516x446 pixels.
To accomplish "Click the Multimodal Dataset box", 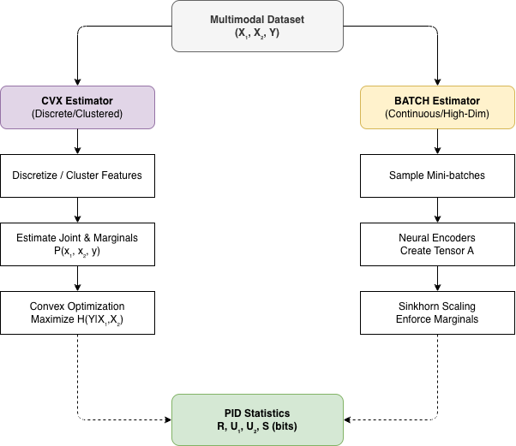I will (257, 26).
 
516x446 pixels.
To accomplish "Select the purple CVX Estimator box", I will (77, 107).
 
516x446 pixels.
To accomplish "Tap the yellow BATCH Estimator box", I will (437, 107).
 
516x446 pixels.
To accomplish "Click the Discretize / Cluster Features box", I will (77, 175).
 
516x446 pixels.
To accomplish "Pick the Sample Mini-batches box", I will (437, 175).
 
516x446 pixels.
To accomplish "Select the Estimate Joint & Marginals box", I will (77, 244).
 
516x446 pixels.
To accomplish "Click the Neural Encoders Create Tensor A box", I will (437, 244).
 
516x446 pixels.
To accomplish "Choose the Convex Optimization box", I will (77, 312).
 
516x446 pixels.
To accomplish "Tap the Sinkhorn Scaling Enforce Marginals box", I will (437, 312).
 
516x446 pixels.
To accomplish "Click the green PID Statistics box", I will (257, 419).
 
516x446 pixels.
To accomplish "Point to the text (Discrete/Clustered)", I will (77, 114).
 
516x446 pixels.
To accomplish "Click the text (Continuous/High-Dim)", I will (437, 114).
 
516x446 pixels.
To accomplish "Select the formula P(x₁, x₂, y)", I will (78, 252).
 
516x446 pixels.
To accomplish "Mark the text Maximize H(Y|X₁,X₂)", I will (78, 320).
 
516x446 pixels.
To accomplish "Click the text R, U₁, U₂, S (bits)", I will (257, 427).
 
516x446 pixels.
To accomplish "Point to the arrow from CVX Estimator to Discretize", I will (77, 141).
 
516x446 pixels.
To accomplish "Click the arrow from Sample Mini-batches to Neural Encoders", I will (437, 210).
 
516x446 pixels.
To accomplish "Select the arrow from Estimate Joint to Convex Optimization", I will (77, 278).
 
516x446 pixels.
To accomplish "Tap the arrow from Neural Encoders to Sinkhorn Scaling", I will (437, 278).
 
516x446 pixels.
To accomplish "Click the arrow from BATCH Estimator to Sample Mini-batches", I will (437, 141).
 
